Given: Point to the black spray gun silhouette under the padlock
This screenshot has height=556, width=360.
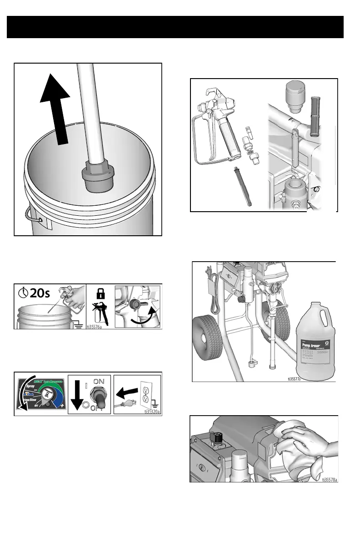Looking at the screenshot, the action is point(100,314).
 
